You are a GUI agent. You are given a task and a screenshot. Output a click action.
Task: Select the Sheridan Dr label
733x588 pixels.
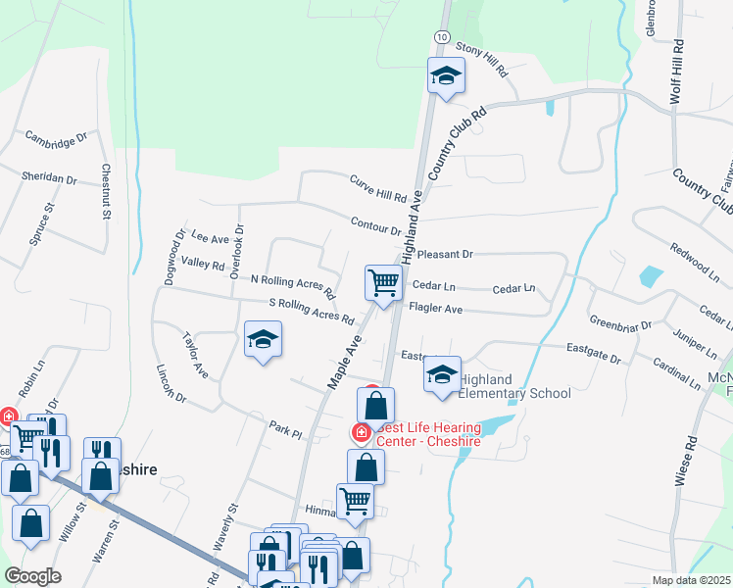[49, 178]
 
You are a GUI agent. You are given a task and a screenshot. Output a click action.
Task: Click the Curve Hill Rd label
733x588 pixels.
[377, 185]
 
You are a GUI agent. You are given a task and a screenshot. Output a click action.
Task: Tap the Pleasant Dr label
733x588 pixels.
[445, 254]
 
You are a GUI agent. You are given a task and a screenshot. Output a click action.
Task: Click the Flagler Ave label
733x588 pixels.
[435, 308]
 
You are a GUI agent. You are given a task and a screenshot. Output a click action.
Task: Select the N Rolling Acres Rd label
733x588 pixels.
[293, 285]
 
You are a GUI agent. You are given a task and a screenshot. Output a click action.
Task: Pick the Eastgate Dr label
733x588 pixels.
[594, 353]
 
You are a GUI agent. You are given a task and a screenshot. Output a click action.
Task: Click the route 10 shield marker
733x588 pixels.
[443, 36]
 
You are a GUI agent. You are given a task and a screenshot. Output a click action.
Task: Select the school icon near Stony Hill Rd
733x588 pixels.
[445, 76]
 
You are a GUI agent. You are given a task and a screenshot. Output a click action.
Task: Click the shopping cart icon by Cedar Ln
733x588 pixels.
[384, 282]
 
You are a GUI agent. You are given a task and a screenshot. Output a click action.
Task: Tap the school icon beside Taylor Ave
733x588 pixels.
[262, 341]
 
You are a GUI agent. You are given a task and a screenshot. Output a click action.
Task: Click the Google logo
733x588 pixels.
[32, 576]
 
